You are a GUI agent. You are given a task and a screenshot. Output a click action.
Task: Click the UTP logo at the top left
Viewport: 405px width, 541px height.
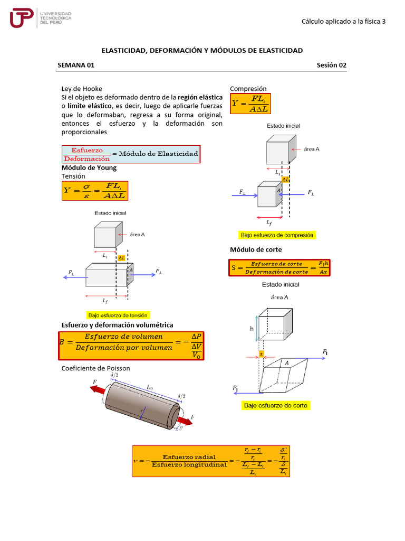pos(40,18)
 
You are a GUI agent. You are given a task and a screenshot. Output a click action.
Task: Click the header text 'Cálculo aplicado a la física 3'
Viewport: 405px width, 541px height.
pos(343,21)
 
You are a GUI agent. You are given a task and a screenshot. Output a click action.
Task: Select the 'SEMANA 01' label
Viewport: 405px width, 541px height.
pos(76,65)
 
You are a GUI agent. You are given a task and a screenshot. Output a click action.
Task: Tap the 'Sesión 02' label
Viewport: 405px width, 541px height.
pos(331,65)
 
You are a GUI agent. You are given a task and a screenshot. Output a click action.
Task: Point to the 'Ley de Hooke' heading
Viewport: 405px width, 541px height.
pos(82,89)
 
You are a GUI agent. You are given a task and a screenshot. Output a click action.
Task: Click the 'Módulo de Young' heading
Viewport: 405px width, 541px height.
pos(89,167)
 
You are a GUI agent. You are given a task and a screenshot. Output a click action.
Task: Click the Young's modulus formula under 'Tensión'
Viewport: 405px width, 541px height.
pos(95,191)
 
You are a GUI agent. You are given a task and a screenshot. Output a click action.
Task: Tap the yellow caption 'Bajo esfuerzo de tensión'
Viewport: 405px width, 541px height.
pos(119,314)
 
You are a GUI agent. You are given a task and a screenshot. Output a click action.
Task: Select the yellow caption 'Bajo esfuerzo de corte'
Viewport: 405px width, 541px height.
pos(276,405)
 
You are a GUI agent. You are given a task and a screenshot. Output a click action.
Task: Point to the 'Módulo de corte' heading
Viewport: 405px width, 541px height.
pos(256,249)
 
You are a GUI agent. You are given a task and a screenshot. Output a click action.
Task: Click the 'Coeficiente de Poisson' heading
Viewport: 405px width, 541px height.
pos(95,368)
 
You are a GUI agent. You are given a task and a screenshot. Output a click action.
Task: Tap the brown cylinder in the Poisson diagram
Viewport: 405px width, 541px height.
pos(142,404)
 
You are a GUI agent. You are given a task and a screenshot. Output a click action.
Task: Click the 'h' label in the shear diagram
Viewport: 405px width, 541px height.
pos(252,328)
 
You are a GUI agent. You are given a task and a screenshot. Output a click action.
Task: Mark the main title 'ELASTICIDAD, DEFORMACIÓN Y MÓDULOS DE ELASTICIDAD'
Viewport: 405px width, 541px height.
pos(202,50)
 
